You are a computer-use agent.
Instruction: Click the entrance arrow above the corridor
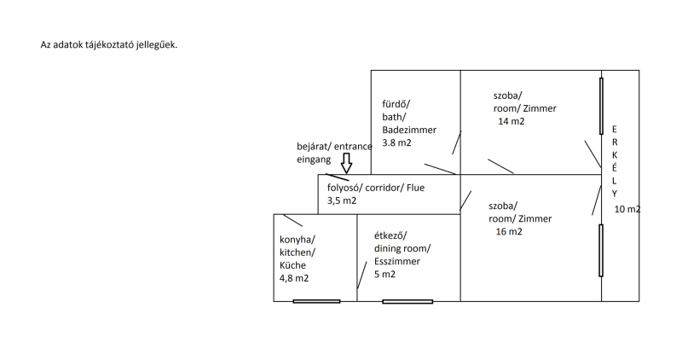pos(346,161)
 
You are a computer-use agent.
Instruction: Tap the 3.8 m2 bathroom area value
pos(396,143)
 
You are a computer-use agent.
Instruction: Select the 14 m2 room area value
pos(511,122)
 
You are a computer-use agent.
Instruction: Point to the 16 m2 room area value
pos(508,231)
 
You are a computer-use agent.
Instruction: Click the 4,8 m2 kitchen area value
pos(294,278)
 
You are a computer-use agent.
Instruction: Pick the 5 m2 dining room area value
pos(384,275)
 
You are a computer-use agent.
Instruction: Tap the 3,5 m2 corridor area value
pos(342,201)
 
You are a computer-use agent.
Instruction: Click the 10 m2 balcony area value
pos(627,209)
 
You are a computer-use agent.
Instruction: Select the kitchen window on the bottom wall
pos(316,301)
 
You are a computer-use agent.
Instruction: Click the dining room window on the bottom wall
pos(407,301)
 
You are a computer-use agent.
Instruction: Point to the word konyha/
pos(298,240)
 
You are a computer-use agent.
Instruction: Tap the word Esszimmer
pos(396,262)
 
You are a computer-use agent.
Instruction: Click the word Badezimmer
pos(409,130)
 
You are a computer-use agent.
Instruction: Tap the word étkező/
pos(390,235)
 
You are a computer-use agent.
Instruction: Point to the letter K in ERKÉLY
pos(613,154)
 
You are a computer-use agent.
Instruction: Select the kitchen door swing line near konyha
pos(292,220)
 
